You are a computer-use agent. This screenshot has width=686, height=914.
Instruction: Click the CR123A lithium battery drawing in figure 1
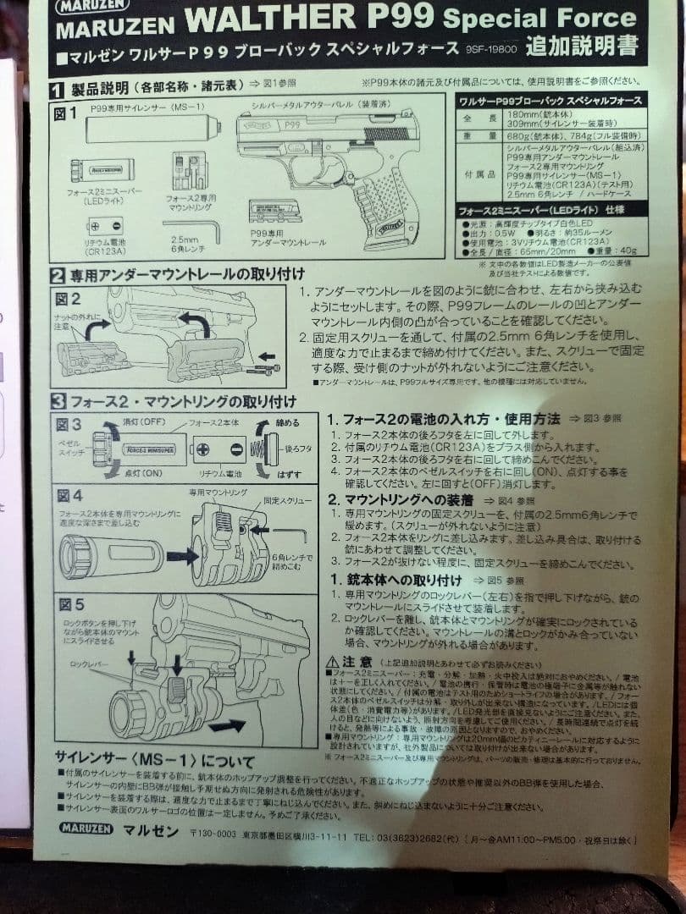pyautogui.click(x=105, y=226)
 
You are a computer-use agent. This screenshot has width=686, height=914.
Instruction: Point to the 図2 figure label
pyautogui.click(x=69, y=299)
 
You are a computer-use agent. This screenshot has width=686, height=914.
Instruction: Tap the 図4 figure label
pyautogui.click(x=69, y=495)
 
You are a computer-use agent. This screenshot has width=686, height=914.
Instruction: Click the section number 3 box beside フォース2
pyautogui.click(x=57, y=401)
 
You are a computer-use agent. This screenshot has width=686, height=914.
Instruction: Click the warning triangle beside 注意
pyautogui.click(x=333, y=661)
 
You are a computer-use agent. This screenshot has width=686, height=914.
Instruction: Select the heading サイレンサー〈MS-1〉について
pyautogui.click(x=153, y=757)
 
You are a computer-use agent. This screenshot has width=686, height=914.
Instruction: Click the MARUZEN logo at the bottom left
pyautogui.click(x=86, y=829)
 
